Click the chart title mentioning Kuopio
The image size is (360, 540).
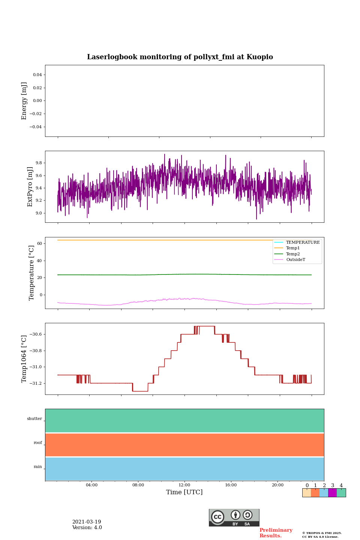point(180,57)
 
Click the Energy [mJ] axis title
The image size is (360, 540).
point(24,101)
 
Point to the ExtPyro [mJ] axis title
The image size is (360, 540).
point(30,187)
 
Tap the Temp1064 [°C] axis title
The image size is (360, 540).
point(24,359)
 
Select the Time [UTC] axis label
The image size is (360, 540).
point(184,492)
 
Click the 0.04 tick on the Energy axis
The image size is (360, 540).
point(37,75)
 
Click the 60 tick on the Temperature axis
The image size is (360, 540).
point(39,244)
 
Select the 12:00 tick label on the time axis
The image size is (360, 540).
point(184,485)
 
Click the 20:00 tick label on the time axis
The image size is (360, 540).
point(277,485)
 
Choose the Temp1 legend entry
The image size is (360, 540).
point(293,248)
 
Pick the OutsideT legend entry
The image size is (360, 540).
point(295,260)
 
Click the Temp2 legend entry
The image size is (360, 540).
point(293,254)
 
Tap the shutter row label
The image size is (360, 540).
point(34,419)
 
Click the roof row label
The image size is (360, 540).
point(38,443)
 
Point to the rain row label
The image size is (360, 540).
point(38,467)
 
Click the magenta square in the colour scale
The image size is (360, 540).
point(332,493)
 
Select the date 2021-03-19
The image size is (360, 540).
point(87,522)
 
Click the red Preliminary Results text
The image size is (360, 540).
point(276,533)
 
